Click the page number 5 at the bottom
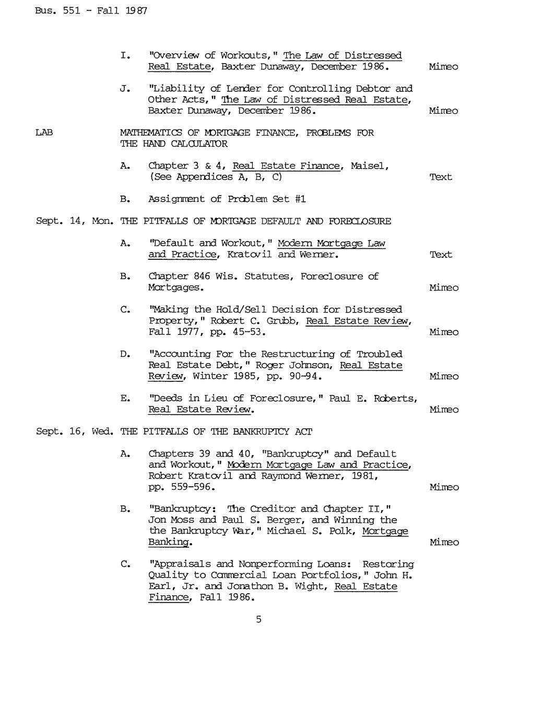[x=258, y=619]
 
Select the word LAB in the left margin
[x=44, y=133]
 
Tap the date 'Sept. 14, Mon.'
[x=75, y=221]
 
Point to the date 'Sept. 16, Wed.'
[x=75, y=431]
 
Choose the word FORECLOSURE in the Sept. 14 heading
[x=359, y=221]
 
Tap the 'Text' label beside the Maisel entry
[x=441, y=177]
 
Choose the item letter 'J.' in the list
[x=125, y=89]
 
